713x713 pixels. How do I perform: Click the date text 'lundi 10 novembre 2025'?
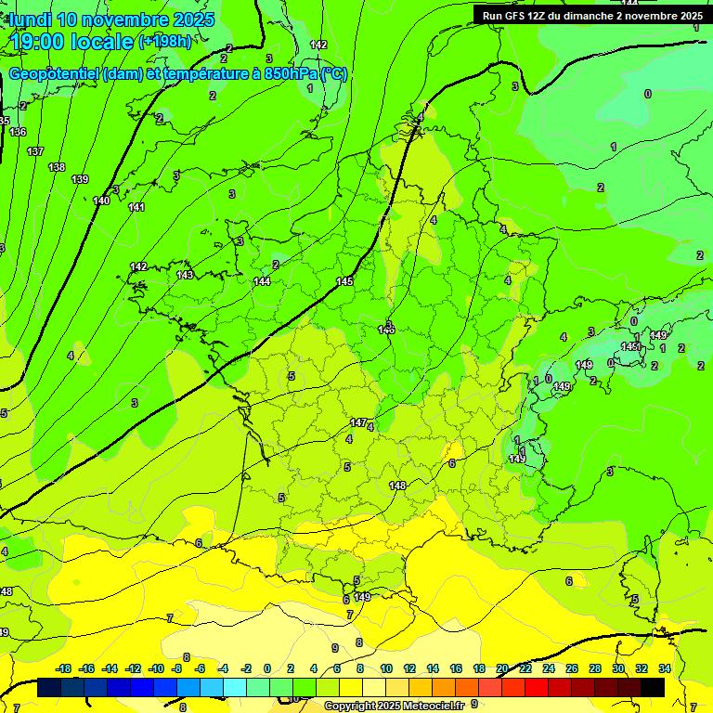(x=111, y=19)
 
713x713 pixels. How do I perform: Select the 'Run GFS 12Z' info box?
(x=591, y=15)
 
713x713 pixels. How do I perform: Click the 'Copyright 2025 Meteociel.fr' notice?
(x=394, y=706)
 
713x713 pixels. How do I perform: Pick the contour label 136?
(x=19, y=132)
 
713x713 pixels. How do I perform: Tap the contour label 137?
(x=35, y=151)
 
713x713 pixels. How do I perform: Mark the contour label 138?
(x=58, y=167)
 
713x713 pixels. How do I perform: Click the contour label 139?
(x=80, y=179)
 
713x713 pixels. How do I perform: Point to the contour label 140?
(x=101, y=201)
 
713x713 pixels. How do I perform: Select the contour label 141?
(x=136, y=207)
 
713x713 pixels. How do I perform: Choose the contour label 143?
(x=185, y=275)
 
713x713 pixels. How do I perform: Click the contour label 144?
(x=262, y=281)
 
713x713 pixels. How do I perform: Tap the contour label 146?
(x=387, y=329)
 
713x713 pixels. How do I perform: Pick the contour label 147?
(x=358, y=422)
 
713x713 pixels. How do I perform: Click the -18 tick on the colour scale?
(x=64, y=668)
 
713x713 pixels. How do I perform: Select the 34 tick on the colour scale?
(x=664, y=668)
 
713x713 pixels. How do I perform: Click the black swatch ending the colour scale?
(x=653, y=687)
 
